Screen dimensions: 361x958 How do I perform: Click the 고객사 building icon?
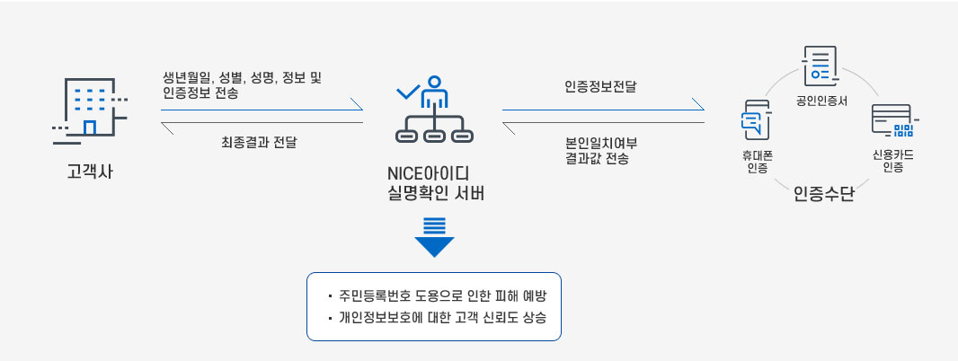89,110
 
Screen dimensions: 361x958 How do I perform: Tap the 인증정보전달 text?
600,87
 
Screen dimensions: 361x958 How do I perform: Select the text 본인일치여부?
600,142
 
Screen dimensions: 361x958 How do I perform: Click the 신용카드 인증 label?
892,160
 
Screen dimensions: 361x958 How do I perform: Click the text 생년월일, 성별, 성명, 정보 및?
243,77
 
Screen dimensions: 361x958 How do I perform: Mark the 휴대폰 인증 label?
757,161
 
